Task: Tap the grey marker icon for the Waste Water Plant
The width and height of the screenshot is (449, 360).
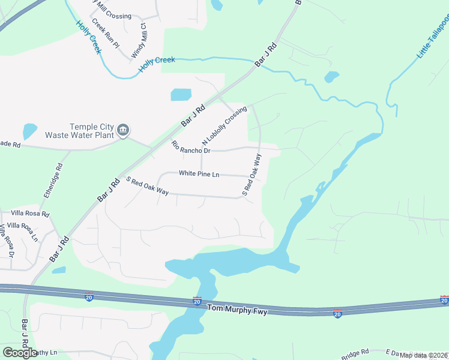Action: coord(123,130)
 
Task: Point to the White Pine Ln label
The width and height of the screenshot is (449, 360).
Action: coord(199,174)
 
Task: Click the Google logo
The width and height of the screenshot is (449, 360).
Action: coord(20,353)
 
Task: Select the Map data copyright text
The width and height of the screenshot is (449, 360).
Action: coord(424,355)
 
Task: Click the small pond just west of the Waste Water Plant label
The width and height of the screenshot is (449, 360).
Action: coord(29,131)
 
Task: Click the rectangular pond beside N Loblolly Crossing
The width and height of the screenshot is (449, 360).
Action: coord(181,95)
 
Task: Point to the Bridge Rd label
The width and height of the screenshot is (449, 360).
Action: coord(356,353)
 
